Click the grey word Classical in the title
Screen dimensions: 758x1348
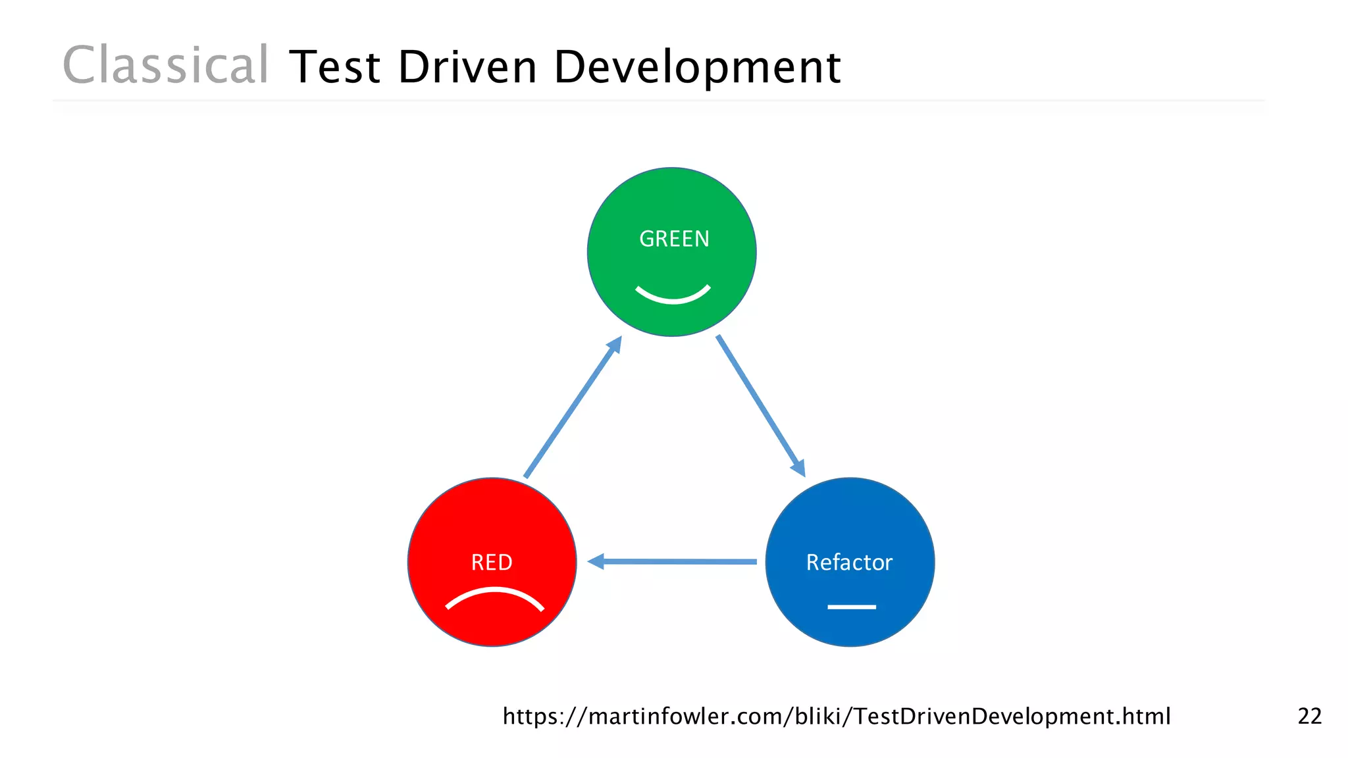click(x=165, y=66)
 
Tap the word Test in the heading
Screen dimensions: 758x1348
click(x=334, y=67)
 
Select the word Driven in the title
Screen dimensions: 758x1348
click(x=467, y=67)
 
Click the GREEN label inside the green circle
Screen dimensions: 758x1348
click(x=674, y=239)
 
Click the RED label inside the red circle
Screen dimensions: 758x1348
click(x=492, y=563)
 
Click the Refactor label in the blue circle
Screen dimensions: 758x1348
click(x=849, y=563)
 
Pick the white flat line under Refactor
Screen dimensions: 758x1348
click(x=851, y=607)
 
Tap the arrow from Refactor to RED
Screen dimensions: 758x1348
click(x=678, y=562)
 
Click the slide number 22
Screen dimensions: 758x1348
click(x=1309, y=716)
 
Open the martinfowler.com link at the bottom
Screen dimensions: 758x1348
click(x=836, y=716)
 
